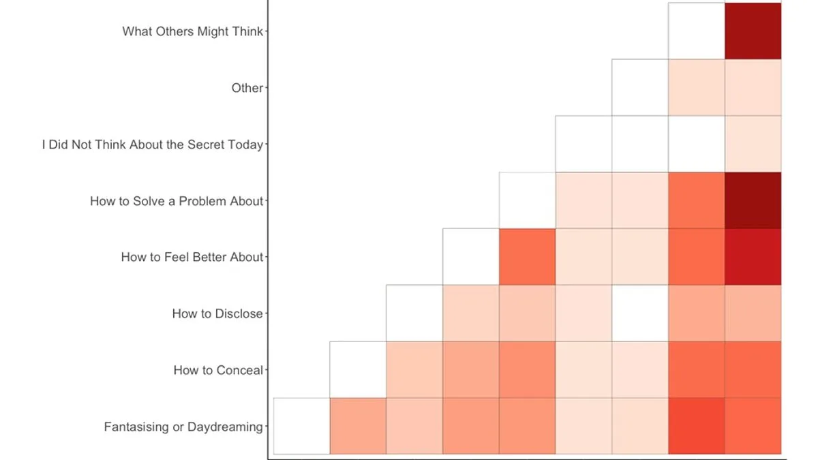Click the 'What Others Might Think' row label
[x=192, y=31]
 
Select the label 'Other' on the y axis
[x=247, y=88]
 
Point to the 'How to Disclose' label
[x=217, y=313]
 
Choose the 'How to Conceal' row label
[x=217, y=370]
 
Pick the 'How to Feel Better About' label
[x=192, y=257]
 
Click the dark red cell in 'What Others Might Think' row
[x=753, y=31]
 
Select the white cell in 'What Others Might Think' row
[x=696, y=31]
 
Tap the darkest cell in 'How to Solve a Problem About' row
[x=753, y=200]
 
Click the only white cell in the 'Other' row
[x=639, y=87]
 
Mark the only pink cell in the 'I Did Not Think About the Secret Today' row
[x=753, y=144]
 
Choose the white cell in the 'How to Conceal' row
[x=358, y=369]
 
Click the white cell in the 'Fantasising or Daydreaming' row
[x=301, y=426]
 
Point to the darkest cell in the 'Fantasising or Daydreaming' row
[x=696, y=426]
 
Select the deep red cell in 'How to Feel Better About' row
[x=753, y=257]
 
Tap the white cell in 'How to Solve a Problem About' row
[x=527, y=200]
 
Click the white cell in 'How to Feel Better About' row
[x=470, y=257]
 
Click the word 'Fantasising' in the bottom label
[x=136, y=427]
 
